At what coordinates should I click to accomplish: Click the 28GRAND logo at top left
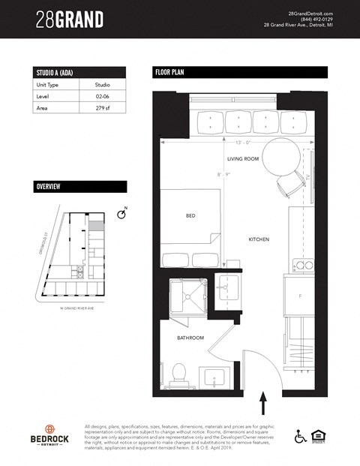[70, 20]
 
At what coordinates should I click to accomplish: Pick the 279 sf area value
[103, 108]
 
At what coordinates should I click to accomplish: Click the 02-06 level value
[103, 97]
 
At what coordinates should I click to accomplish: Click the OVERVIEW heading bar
[79, 186]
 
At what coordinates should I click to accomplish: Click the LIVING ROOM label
[242, 159]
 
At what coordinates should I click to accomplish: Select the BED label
[190, 215]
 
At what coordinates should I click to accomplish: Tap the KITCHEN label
[259, 239]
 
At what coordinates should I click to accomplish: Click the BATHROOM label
[190, 338]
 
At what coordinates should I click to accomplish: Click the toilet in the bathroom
[178, 371]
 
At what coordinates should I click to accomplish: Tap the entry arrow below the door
[262, 404]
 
